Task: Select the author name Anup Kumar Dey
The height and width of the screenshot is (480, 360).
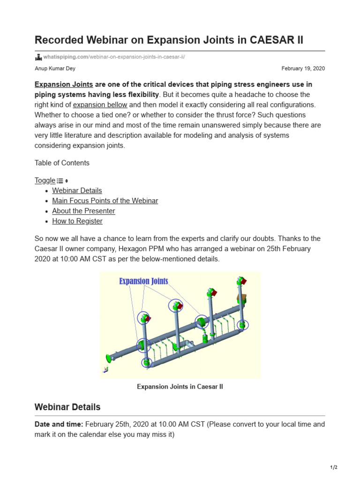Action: point(54,68)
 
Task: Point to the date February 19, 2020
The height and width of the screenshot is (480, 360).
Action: point(303,68)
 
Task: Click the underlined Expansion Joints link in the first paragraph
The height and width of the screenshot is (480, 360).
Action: point(64,84)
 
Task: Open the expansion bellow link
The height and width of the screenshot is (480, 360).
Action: point(101,105)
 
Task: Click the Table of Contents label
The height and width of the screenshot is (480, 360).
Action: point(62,163)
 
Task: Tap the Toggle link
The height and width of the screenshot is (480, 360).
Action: point(45,180)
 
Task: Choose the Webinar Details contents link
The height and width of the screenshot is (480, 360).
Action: point(77,190)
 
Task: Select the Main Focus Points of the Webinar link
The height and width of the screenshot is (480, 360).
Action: point(105,201)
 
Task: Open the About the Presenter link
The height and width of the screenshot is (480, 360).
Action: point(83,211)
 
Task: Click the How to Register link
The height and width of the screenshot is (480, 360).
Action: point(77,221)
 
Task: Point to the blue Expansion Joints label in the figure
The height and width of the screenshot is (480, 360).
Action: point(143,281)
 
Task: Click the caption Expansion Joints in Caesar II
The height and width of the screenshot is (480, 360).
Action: point(180,387)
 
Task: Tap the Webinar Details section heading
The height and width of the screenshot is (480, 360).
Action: point(67,407)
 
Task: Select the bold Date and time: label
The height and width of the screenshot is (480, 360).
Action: point(59,424)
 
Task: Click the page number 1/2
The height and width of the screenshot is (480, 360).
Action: point(333,467)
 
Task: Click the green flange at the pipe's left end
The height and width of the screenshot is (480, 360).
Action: point(110,358)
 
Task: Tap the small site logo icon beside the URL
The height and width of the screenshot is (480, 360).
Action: point(38,57)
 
